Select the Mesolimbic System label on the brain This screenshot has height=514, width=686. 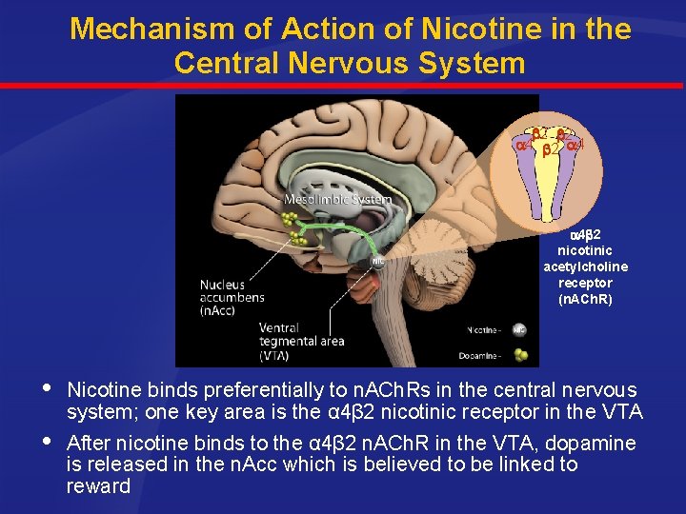click(x=337, y=200)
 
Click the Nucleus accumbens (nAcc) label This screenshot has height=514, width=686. click(x=232, y=297)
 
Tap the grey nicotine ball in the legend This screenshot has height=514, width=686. click(x=518, y=329)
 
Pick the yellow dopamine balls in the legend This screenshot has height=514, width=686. click(x=518, y=354)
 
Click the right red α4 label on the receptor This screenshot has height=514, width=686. click(x=575, y=146)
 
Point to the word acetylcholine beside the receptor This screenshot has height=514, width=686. click(x=585, y=267)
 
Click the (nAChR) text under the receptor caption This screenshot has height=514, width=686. click(x=585, y=299)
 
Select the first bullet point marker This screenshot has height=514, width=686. click(x=49, y=390)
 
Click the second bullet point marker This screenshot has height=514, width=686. click(x=49, y=442)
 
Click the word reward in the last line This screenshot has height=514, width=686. click(x=98, y=486)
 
